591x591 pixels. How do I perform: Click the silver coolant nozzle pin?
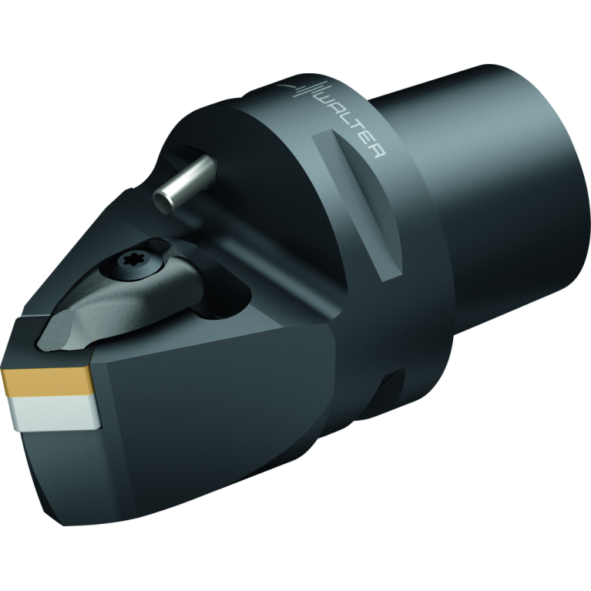186,180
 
